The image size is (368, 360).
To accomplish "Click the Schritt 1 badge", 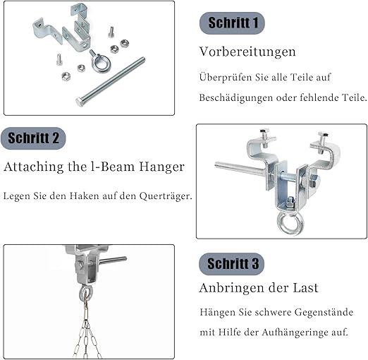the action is pos(232,23).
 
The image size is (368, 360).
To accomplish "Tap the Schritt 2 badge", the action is pos(33,138).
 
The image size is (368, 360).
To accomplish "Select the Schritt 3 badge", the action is pos(232,264).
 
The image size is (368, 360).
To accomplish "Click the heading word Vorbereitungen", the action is pos(247,52).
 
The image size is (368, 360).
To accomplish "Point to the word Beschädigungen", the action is pos(236,97).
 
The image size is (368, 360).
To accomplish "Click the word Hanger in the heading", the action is pos(161,167).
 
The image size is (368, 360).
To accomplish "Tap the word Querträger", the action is pos(166,196).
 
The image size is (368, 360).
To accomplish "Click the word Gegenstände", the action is pos(324,313).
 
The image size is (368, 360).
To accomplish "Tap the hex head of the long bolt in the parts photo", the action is pos(80,102).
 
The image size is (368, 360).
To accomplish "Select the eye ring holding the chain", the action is pos(85,294).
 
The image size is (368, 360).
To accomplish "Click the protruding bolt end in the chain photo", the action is pos(114,260).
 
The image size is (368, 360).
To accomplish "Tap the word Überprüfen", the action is pos(226,78).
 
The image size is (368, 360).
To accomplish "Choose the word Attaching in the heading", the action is pos(34,167).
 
